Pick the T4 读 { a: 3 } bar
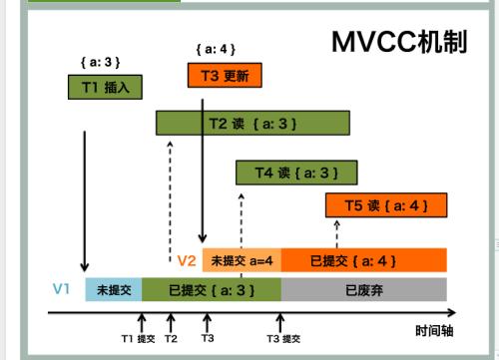click(296, 172)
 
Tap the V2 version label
click(187, 261)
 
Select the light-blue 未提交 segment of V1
click(111, 290)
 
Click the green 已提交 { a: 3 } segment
click(211, 290)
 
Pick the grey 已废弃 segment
click(363, 290)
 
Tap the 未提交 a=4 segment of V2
click(242, 261)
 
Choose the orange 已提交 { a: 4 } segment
click(363, 261)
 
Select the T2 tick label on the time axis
click(171, 339)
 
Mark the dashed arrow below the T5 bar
click(339, 233)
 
